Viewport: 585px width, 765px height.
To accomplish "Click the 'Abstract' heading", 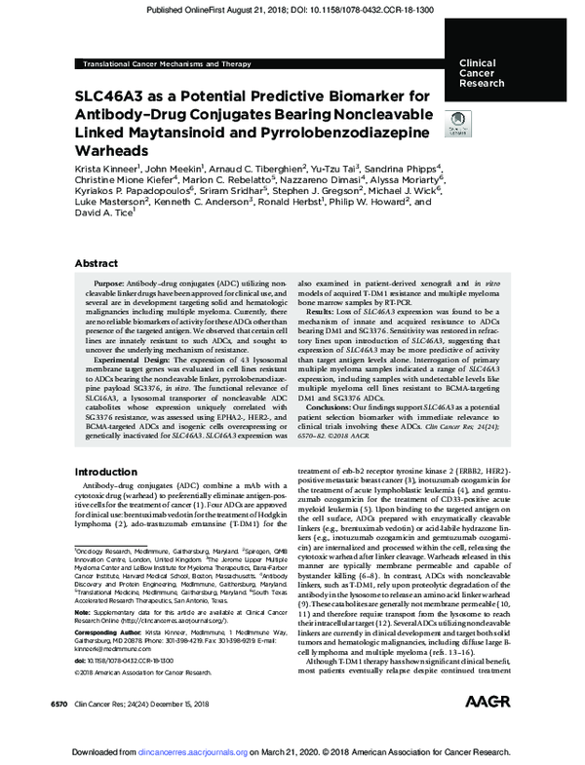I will (x=98, y=263).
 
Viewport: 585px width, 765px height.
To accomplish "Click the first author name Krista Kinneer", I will (x=107, y=168).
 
